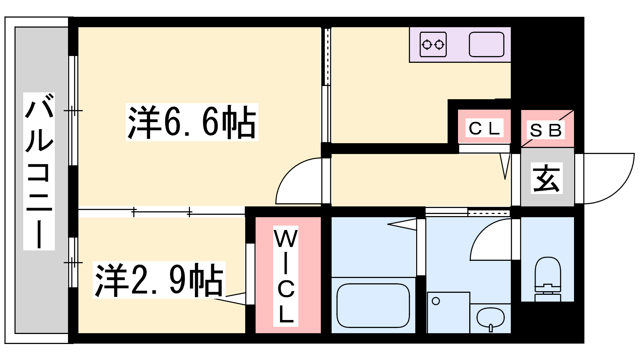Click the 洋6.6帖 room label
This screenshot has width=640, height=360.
pyautogui.click(x=192, y=122)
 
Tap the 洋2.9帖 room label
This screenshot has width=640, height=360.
pyautogui.click(x=159, y=280)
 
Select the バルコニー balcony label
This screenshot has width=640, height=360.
pyautogui.click(x=39, y=172)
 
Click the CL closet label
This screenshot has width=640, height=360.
pyautogui.click(x=484, y=128)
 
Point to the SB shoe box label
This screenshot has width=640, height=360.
pyautogui.click(x=546, y=130)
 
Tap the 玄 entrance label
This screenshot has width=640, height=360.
pyautogui.click(x=546, y=178)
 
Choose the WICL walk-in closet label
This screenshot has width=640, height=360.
pyautogui.click(x=286, y=276)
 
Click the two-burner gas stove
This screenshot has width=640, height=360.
pyautogui.click(x=433, y=44)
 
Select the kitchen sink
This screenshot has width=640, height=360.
pyautogui.click(x=486, y=44)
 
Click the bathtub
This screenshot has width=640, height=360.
pyautogui.click(x=373, y=306)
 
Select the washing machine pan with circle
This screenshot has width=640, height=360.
pyautogui.click(x=448, y=312)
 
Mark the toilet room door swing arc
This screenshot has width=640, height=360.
pyautogui.click(x=480, y=232)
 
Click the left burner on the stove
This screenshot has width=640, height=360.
pyautogui.click(x=427, y=44)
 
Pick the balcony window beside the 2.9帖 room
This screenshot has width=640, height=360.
pyautogui.click(x=73, y=262)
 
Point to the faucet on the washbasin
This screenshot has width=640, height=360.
pyautogui.click(x=490, y=328)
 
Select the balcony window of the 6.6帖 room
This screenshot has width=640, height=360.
pyautogui.click(x=73, y=110)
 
